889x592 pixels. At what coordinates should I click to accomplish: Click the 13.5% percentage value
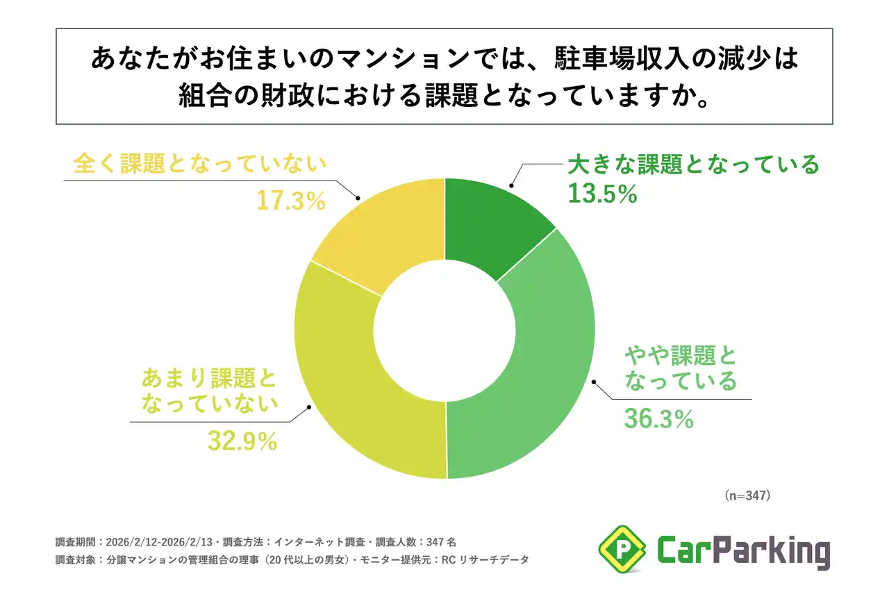602,195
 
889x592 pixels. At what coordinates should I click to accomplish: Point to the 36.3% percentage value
658,419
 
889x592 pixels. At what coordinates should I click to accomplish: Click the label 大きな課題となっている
694,166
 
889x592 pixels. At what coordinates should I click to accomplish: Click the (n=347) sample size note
747,496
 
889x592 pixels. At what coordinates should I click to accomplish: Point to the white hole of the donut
444,328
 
